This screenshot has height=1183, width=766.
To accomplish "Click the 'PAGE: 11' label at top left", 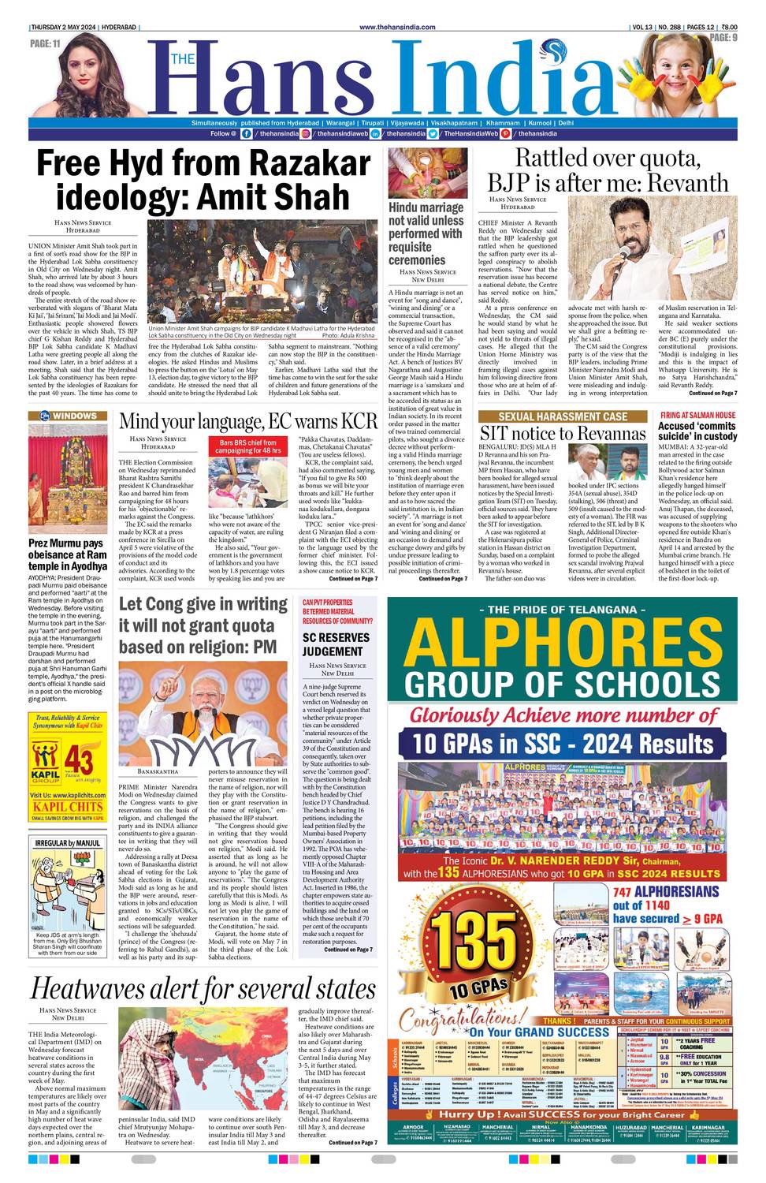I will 46,43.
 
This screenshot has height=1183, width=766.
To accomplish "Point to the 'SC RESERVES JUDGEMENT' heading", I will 335,644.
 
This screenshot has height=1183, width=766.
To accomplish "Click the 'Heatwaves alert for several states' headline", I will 203,988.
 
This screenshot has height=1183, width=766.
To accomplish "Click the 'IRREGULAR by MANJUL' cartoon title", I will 68,843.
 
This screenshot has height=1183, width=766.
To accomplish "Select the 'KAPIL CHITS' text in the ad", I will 68,807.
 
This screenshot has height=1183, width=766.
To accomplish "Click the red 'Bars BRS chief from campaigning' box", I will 247,446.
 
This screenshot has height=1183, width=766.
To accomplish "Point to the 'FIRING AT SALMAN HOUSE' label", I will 697,415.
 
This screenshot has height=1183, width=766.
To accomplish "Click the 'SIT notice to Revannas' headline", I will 563,433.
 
